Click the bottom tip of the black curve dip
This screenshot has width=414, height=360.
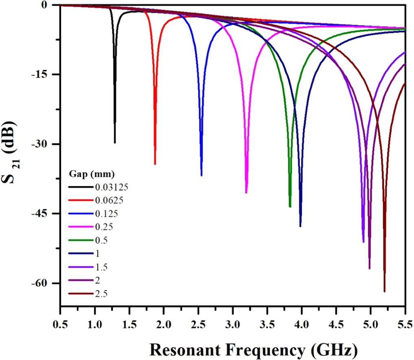tap(115, 143)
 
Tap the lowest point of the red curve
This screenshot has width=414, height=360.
tap(155, 164)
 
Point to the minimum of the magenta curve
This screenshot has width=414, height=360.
tap(246, 193)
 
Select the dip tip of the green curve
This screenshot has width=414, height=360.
tap(290, 207)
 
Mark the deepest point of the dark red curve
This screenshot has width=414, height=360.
tap(384, 291)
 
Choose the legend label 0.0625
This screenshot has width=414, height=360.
tap(109, 200)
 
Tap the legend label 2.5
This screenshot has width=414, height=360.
tap(101, 293)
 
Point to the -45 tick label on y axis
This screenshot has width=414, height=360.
tap(41, 214)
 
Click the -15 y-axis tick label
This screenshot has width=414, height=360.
tap(41, 74)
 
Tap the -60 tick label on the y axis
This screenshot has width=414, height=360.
tap(41, 283)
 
